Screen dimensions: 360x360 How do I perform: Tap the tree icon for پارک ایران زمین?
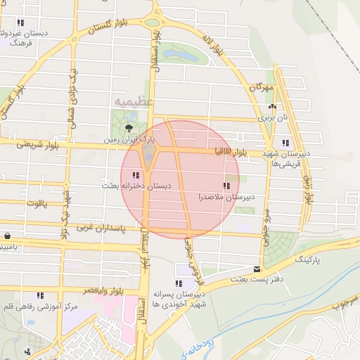pos(129,127)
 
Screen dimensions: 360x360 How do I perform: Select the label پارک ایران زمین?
pos(127,140)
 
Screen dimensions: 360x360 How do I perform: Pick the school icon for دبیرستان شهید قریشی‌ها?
pos(285,143)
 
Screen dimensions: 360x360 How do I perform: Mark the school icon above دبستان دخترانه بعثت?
pos(136,174)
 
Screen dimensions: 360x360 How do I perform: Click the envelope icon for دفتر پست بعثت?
pos(257,269)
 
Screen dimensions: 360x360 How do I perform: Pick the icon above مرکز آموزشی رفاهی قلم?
pos(40,295)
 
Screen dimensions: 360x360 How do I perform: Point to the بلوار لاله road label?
pos(214,44)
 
